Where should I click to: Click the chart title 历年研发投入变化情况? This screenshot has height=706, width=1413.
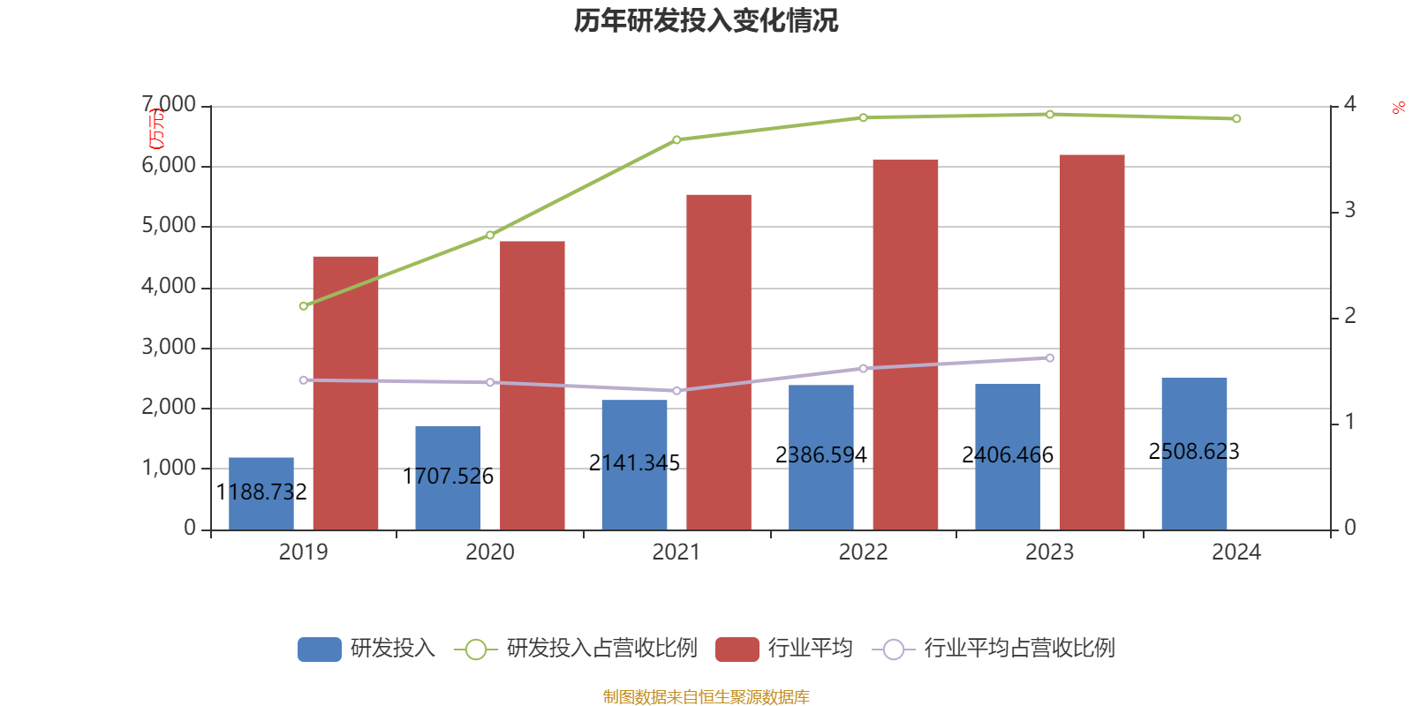pyautogui.click(x=706, y=20)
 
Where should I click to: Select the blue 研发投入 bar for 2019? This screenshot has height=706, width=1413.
pyautogui.click(x=261, y=494)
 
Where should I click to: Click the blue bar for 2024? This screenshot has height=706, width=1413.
pyautogui.click(x=1194, y=454)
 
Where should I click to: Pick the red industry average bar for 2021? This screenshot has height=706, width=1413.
pyautogui.click(x=719, y=362)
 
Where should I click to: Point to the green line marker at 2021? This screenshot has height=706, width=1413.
pyautogui.click(x=676, y=139)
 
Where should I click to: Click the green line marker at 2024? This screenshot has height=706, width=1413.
pyautogui.click(x=1236, y=118)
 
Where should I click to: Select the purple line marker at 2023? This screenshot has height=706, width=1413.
pyautogui.click(x=1050, y=357)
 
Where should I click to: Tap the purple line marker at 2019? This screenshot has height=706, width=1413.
pyautogui.click(x=304, y=379)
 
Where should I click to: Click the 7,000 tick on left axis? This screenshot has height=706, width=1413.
pyautogui.click(x=170, y=105)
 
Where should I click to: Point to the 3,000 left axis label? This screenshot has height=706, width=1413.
pyautogui.click(x=170, y=347)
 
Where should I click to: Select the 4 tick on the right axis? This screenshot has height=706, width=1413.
pyautogui.click(x=1349, y=105)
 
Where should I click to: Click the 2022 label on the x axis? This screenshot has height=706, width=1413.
pyautogui.click(x=863, y=552)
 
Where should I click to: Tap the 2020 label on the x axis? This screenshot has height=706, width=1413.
pyautogui.click(x=490, y=552)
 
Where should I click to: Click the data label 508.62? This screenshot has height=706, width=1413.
pyautogui.click(x=1194, y=451)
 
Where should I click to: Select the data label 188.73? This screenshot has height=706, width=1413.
pyautogui.click(x=261, y=492)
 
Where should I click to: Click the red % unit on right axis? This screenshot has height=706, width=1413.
pyautogui.click(x=1398, y=109)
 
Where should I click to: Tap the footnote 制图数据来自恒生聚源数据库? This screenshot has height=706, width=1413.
pyautogui.click(x=706, y=696)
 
